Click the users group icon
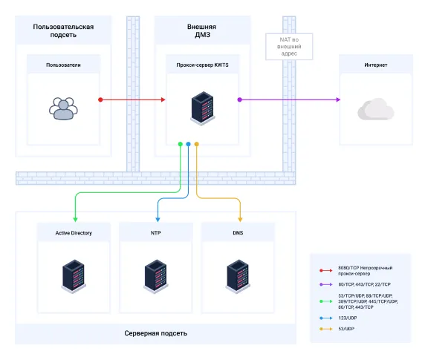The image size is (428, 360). coord(63,108)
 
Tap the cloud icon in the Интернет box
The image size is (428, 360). coord(375,109)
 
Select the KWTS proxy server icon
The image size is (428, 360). coord(202,108)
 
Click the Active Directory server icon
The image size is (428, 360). coord(74,276)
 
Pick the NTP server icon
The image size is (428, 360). coord(155,276)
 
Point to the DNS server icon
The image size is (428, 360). coord(238,276)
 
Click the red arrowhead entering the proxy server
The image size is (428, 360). coord(163,99)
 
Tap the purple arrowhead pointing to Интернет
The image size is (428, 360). coord(338,99)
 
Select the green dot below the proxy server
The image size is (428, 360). coord(180,144)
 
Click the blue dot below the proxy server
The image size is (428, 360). coord(188,144)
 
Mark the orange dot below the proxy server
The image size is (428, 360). coord(196,144)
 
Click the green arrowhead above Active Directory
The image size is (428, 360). coord(75,220)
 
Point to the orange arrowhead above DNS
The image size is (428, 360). coord(240,220)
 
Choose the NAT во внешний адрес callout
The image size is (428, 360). coord(289,46)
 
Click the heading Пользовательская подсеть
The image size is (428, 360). coord(63,31)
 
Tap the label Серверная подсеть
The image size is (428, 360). coord(155,333)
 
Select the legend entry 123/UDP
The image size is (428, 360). coord(348,318)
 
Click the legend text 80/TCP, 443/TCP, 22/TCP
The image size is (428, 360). coord(364,284)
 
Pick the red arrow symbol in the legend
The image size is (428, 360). coord(326,270)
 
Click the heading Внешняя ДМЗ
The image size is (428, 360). coord(201,31)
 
